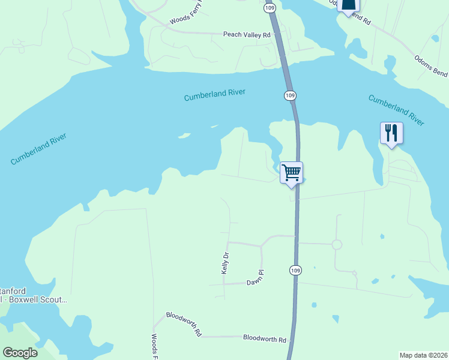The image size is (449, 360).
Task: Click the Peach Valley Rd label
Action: pyautogui.click(x=247, y=35)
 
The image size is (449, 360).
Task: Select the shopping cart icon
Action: pyautogui.click(x=292, y=173)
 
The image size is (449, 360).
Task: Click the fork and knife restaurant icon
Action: pyautogui.click(x=391, y=133)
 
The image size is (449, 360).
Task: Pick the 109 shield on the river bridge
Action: pyautogui.click(x=290, y=95)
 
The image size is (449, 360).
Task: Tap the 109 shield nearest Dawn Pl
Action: pyautogui.click(x=294, y=271)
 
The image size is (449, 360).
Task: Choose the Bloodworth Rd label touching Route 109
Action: pyautogui.click(x=265, y=338)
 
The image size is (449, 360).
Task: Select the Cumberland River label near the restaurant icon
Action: pyautogui.click(x=396, y=110)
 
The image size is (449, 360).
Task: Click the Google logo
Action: pyautogui.click(x=20, y=353)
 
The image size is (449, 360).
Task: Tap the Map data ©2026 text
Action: pyautogui.click(x=423, y=355)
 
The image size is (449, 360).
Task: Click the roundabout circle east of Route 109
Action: pyautogui.click(x=337, y=244)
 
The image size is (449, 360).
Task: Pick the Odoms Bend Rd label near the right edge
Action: pyautogui.click(x=431, y=65)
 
